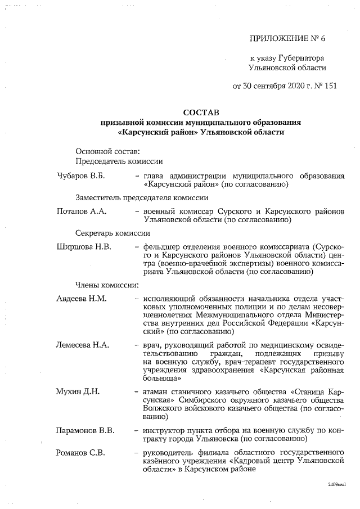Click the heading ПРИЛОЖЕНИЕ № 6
tap(287, 38)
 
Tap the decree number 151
tap(330, 86)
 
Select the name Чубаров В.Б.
tap(81, 176)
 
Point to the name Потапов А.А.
tap(82, 211)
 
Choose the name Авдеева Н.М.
tap(82, 298)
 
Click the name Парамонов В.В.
tap(85, 430)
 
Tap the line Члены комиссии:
tap(107, 285)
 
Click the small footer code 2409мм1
tap(336, 484)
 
